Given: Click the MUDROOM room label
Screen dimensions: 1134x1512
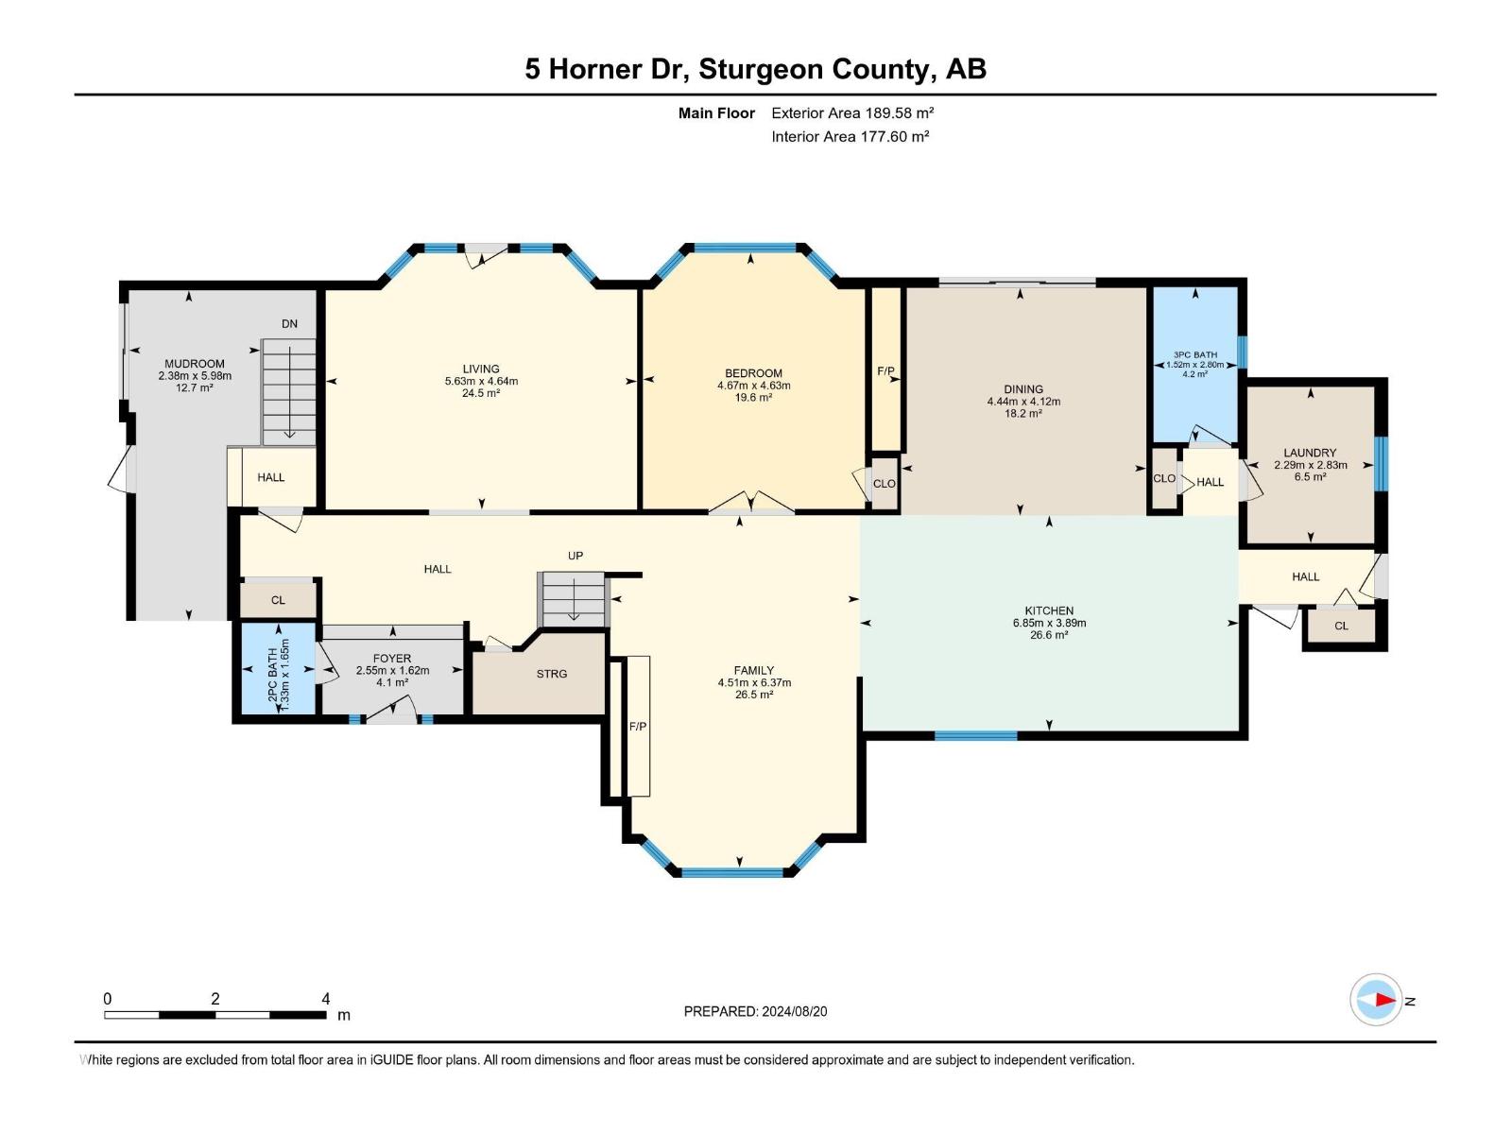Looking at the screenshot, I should [195, 364].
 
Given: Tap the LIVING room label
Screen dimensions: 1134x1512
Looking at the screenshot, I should [481, 369].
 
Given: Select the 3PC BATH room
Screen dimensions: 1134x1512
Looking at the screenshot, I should [1194, 365].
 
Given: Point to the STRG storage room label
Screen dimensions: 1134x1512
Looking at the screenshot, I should [552, 674].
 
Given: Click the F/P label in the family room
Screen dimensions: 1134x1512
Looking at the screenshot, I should [638, 726].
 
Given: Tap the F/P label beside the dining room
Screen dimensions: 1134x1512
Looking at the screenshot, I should [885, 371].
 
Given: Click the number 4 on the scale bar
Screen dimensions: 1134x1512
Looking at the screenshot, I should [326, 999].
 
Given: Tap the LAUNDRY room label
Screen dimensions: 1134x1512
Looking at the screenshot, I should [1310, 453].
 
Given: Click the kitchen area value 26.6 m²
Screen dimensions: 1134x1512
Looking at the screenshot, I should [1049, 636].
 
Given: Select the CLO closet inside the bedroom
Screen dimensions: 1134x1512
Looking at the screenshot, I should [884, 484].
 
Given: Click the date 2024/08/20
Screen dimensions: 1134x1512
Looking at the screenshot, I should [793, 1011].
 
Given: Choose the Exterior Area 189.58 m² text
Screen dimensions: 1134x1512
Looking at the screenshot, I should [852, 112].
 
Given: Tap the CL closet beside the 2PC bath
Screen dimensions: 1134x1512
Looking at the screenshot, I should [278, 600].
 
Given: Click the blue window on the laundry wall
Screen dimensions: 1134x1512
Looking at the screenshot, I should [1381, 463].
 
